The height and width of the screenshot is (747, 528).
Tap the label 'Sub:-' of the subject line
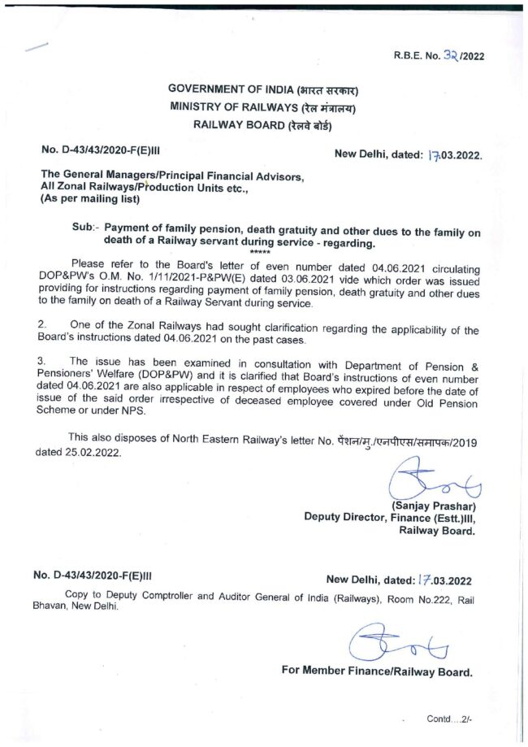(x=86, y=231)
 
